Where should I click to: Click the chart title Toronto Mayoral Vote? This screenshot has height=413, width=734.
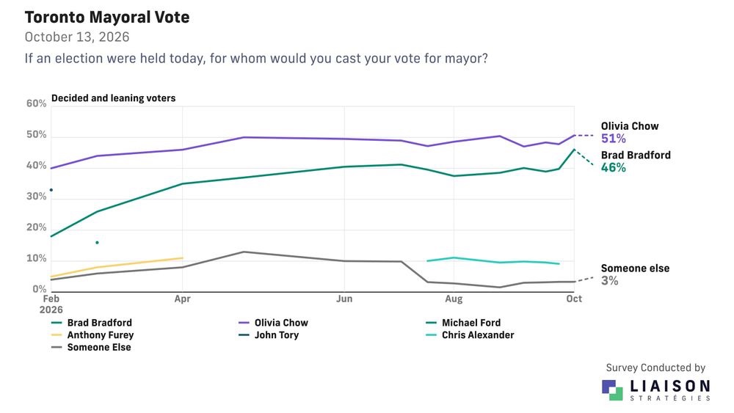[x=107, y=18]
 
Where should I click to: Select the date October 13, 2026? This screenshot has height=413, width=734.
[x=77, y=37]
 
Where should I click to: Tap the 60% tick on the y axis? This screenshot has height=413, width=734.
[x=37, y=103]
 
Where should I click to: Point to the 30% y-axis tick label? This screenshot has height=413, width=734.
[x=37, y=197]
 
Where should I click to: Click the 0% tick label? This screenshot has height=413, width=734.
[x=40, y=289]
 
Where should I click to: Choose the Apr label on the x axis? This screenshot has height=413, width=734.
[x=182, y=299]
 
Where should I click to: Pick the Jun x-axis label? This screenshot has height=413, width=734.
[x=344, y=299]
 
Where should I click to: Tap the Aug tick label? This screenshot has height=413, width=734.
[x=454, y=299]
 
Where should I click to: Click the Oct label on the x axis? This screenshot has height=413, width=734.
[x=574, y=299]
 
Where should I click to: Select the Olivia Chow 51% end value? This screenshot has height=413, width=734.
[x=613, y=139]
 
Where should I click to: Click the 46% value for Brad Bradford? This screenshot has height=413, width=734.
[x=613, y=167]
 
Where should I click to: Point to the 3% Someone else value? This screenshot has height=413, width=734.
[x=609, y=281]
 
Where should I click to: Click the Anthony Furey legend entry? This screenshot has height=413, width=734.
[x=92, y=335]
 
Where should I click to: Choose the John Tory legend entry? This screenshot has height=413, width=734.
[x=269, y=335]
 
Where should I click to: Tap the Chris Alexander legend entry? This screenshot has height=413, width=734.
[x=470, y=335]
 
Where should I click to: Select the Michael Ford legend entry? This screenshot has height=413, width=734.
[x=463, y=323]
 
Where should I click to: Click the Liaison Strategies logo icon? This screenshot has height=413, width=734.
[x=612, y=390]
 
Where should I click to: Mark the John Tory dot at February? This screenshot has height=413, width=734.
[x=51, y=190]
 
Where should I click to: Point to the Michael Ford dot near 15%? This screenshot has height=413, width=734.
[x=97, y=242]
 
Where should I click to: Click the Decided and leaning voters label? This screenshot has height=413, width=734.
[x=113, y=98]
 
